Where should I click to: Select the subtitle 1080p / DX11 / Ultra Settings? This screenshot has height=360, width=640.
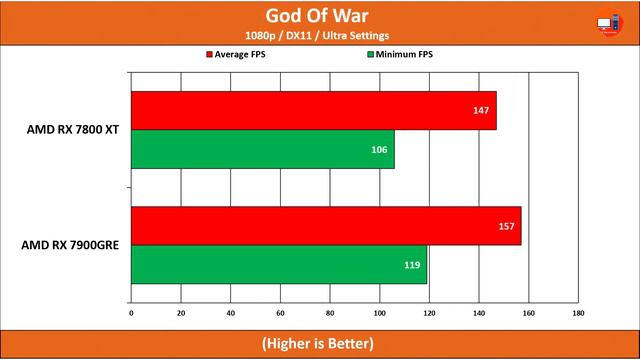pos(319,36)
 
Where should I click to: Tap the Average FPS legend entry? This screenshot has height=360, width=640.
pos(240,55)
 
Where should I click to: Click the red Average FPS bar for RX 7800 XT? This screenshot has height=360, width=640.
pos(313,110)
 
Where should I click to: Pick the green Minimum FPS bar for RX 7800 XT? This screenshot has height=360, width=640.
pos(262,149)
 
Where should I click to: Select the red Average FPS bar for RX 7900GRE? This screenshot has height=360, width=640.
pos(326,226)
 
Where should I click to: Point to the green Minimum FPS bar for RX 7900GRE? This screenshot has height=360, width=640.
pos(278,265)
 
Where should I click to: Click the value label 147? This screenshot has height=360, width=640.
pos(481,110)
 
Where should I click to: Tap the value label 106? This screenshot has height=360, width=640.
pos(379,149)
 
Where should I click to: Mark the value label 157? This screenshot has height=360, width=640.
pos(506,226)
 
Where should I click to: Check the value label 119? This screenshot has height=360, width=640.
pos(411,265)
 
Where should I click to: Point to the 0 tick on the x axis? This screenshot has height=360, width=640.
pos(131,313)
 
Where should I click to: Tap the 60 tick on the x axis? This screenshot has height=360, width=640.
pos(280,313)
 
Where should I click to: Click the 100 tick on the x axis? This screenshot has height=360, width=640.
pos(379,313)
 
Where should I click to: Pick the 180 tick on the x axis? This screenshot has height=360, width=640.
pos(578,313)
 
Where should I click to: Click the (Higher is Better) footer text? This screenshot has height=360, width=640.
pos(319,343)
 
